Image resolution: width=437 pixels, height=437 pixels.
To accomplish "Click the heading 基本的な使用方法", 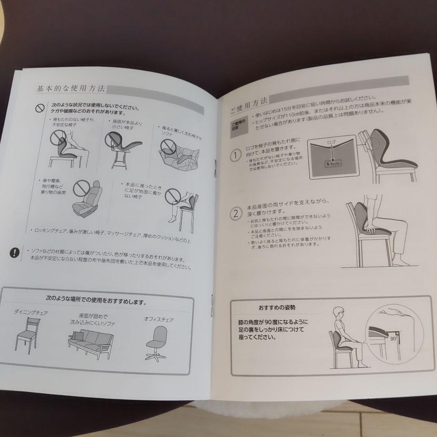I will [71, 88].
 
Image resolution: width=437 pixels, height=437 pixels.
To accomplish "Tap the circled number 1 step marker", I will [235, 155].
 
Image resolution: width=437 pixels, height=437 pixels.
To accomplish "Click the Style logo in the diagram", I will [333, 164].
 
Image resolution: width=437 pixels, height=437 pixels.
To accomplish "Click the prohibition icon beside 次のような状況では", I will [39, 108].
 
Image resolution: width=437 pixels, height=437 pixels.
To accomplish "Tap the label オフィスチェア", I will [159, 319].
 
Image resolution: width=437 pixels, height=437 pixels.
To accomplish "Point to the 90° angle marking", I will [392, 335].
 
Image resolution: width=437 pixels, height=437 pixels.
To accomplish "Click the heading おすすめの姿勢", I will [277, 307].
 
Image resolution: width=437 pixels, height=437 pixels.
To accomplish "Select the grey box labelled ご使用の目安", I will [238, 124].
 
